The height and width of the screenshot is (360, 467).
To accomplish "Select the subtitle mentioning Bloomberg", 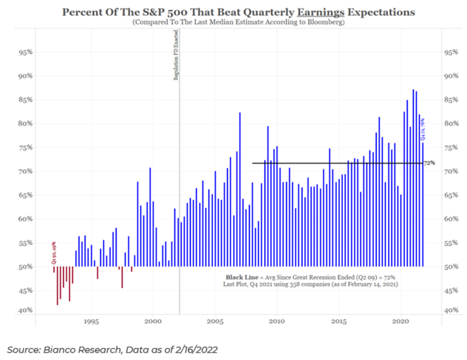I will coord(233,22).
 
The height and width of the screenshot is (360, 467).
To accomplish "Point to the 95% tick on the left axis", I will coord(24,53).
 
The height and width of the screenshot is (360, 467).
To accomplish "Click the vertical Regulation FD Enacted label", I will coord(176,58).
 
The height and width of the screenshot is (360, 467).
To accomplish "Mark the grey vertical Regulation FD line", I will coord(180,182).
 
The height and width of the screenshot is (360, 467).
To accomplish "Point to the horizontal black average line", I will coord(334,163).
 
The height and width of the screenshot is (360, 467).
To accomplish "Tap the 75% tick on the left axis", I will coord(24,148).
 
